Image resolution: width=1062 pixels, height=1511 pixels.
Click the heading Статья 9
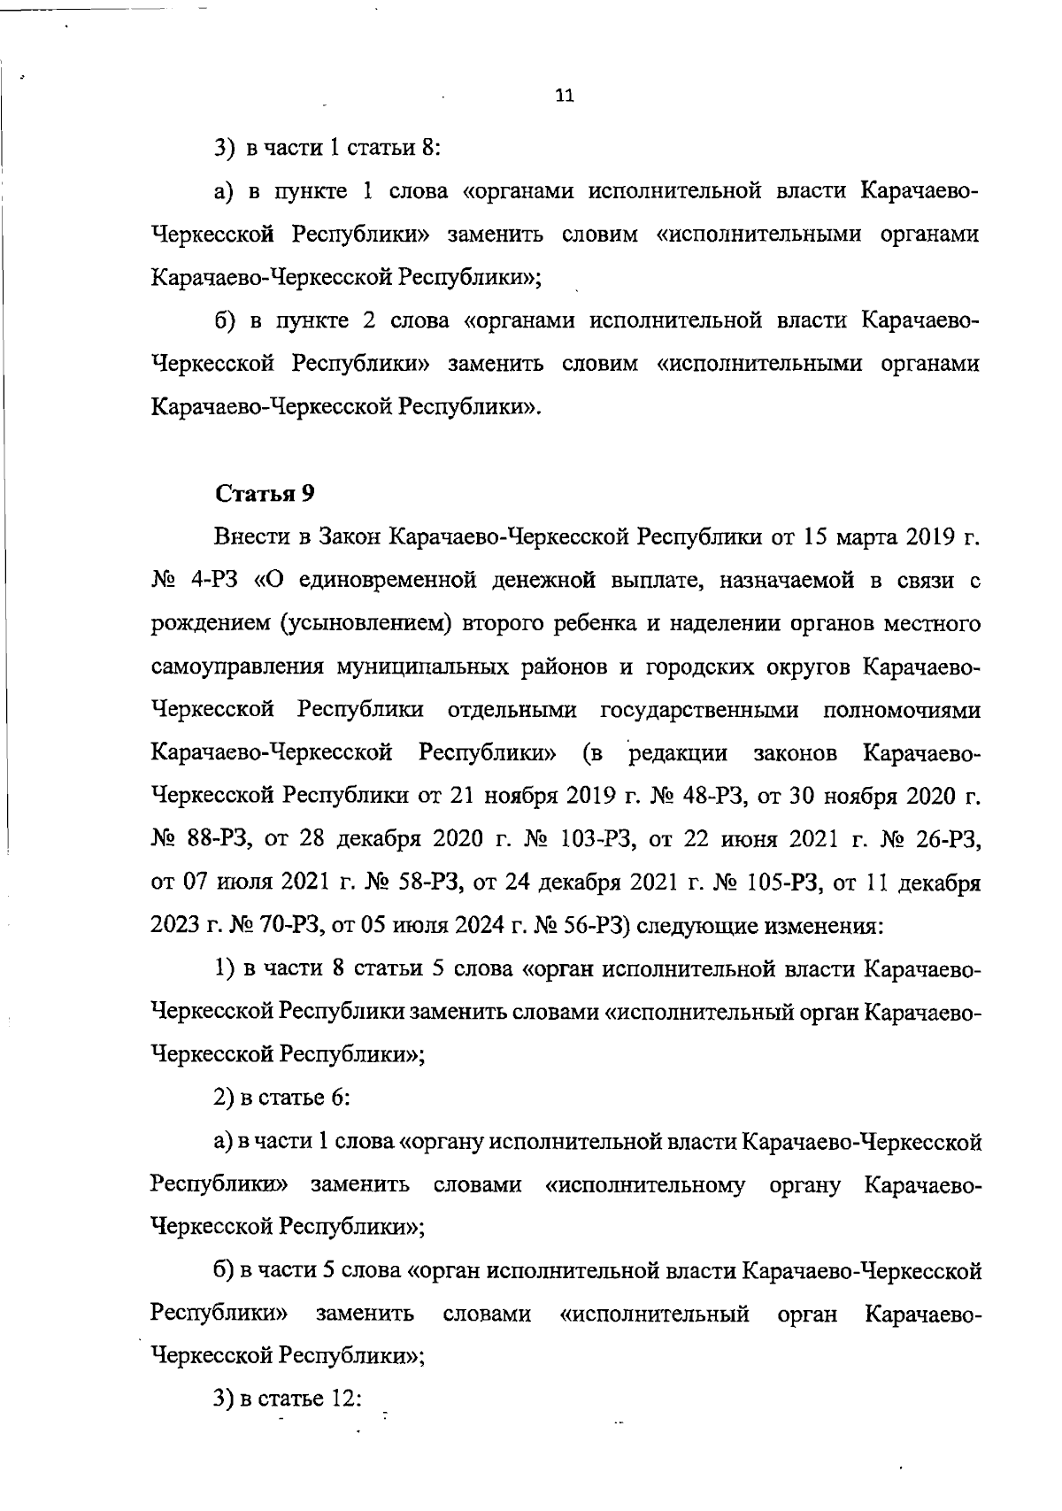(265, 494)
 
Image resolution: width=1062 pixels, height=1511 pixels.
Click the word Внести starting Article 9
(250, 537)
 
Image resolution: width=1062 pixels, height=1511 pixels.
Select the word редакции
(678, 753)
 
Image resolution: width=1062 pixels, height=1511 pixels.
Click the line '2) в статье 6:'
(283, 1098)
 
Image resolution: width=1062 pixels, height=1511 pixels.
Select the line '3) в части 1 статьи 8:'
(327, 147)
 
